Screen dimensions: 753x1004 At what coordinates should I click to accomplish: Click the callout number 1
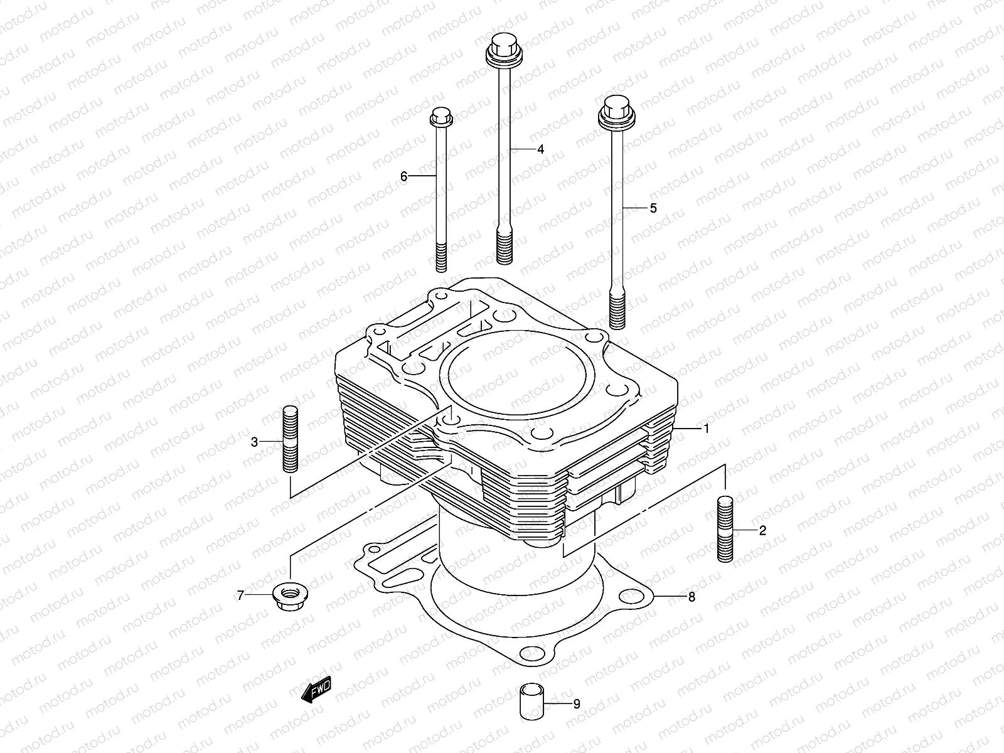706,429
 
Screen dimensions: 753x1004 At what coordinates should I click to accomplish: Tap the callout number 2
762,531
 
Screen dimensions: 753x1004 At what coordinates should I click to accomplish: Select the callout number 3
254,442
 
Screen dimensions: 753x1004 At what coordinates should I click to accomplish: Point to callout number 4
540,149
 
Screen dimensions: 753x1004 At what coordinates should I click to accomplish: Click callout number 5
653,208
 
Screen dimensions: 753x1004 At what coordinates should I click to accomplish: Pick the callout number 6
404,177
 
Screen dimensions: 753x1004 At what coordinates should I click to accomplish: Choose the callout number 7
240,595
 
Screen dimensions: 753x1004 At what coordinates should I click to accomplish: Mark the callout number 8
692,597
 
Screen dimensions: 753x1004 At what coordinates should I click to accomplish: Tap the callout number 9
576,704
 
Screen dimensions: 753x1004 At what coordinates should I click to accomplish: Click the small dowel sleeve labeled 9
529,704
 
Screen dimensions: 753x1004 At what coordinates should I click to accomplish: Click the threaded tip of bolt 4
505,247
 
